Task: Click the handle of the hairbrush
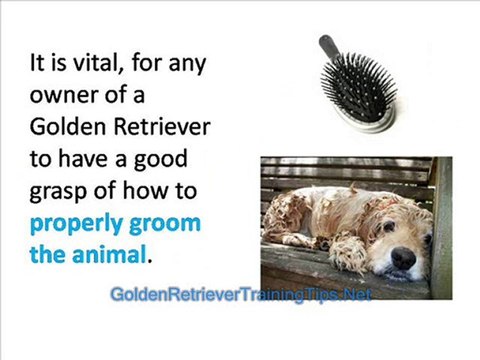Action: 331,49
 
